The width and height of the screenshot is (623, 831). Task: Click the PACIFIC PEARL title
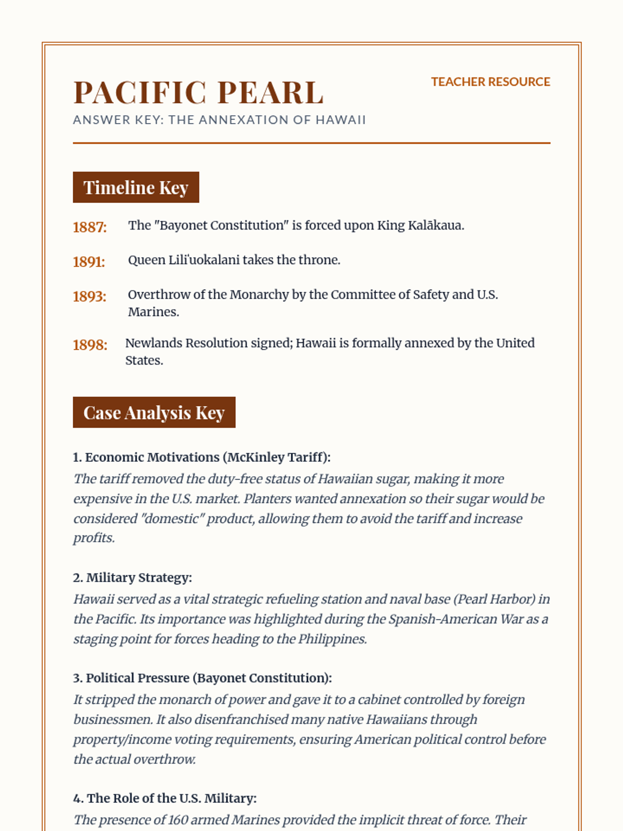click(x=198, y=92)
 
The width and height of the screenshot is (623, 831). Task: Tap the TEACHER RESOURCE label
click(x=490, y=82)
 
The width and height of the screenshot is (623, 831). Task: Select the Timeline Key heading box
click(x=136, y=187)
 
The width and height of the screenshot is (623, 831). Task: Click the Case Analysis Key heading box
click(x=154, y=413)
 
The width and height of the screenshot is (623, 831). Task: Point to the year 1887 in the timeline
click(x=89, y=227)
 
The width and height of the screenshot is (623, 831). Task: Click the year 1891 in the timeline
click(x=89, y=262)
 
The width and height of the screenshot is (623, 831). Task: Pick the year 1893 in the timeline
click(x=89, y=297)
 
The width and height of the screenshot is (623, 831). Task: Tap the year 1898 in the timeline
click(x=90, y=345)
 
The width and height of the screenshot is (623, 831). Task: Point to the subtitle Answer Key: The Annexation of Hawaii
click(x=219, y=120)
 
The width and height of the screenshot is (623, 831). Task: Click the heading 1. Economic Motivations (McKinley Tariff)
click(x=201, y=458)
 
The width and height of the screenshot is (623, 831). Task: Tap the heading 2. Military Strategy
click(x=132, y=578)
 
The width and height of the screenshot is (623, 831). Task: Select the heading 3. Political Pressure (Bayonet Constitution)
click(x=202, y=678)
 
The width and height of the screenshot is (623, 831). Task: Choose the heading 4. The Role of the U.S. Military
click(x=165, y=798)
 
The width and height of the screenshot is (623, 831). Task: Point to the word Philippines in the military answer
click(x=332, y=639)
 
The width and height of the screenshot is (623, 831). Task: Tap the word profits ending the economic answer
click(x=93, y=538)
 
